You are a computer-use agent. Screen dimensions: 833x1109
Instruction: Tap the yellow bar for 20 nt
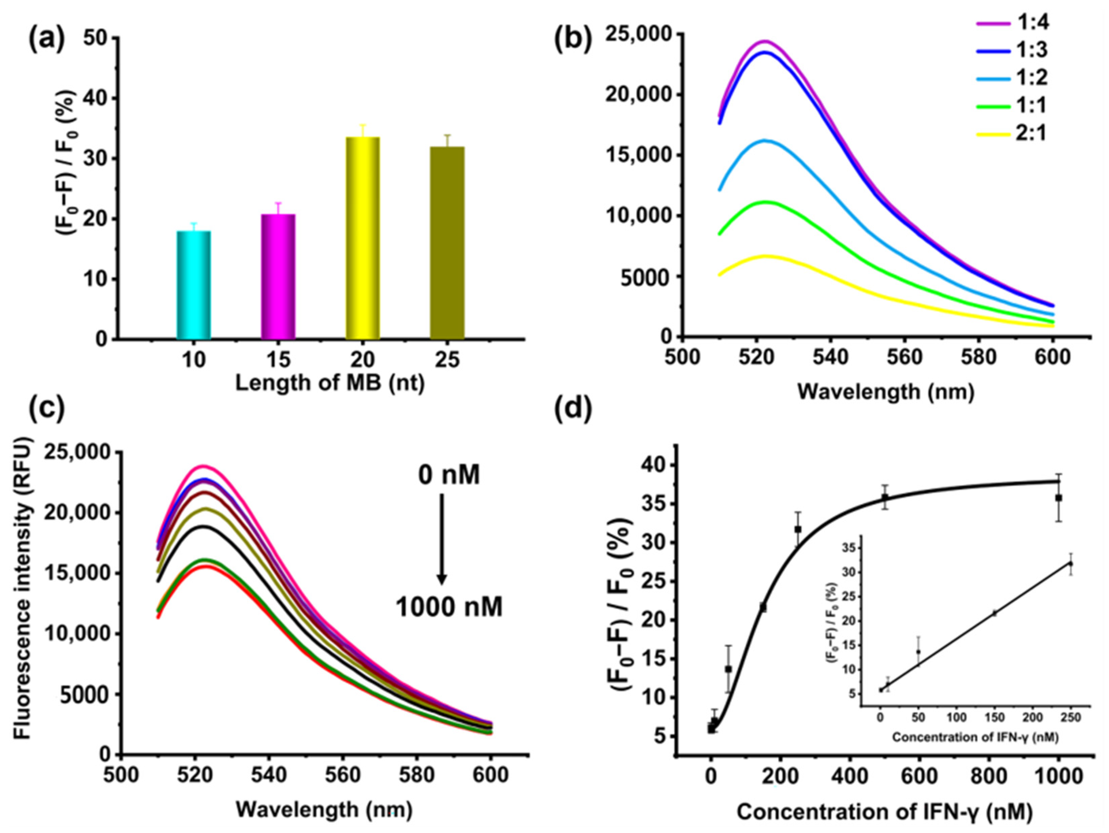point(362,238)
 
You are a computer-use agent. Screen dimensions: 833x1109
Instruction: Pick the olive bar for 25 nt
point(447,243)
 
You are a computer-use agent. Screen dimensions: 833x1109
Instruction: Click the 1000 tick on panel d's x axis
point(1058,776)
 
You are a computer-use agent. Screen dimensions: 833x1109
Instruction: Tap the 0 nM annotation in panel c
point(449,474)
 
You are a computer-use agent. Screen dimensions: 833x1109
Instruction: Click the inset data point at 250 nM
point(1071,564)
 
